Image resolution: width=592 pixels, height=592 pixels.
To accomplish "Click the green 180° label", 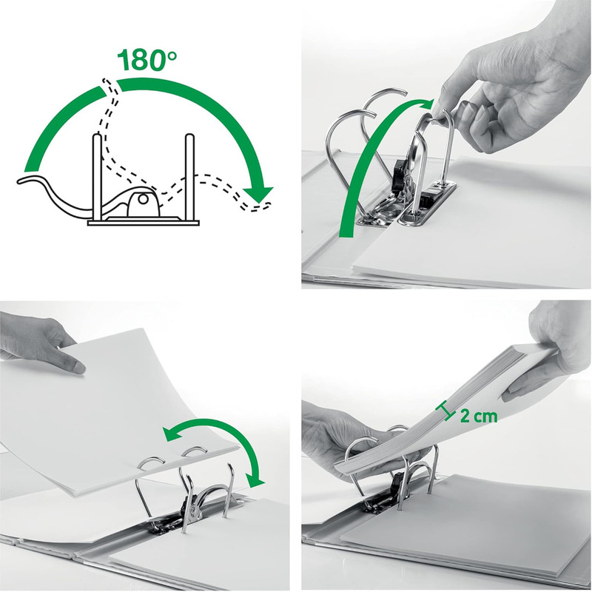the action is tap(147, 61).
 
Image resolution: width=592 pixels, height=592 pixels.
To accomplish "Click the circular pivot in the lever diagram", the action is tap(143, 199).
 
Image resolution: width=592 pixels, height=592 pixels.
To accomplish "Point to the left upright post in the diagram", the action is tap(97, 177).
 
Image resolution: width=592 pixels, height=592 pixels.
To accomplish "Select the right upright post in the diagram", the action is tap(189, 177).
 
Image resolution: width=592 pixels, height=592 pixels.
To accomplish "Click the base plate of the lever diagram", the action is tap(144, 223).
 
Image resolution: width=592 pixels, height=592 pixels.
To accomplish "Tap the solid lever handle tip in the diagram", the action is tap(24, 181).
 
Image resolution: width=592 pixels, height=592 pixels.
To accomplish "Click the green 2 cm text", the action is tap(478, 416).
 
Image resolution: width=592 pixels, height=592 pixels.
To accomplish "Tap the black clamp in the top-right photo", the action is tap(401, 175).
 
